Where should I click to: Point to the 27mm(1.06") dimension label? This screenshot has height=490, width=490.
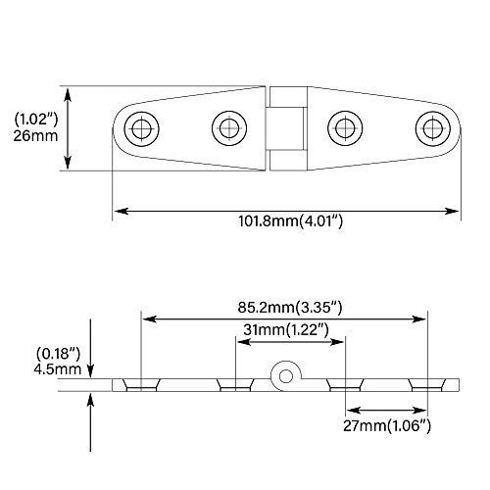click(389, 426)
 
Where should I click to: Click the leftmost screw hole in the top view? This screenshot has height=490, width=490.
click(142, 126)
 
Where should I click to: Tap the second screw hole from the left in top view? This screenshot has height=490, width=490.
click(230, 126)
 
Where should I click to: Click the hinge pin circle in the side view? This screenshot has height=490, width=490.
click(285, 374)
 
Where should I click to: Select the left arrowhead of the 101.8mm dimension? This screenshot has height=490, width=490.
click(119, 210)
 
